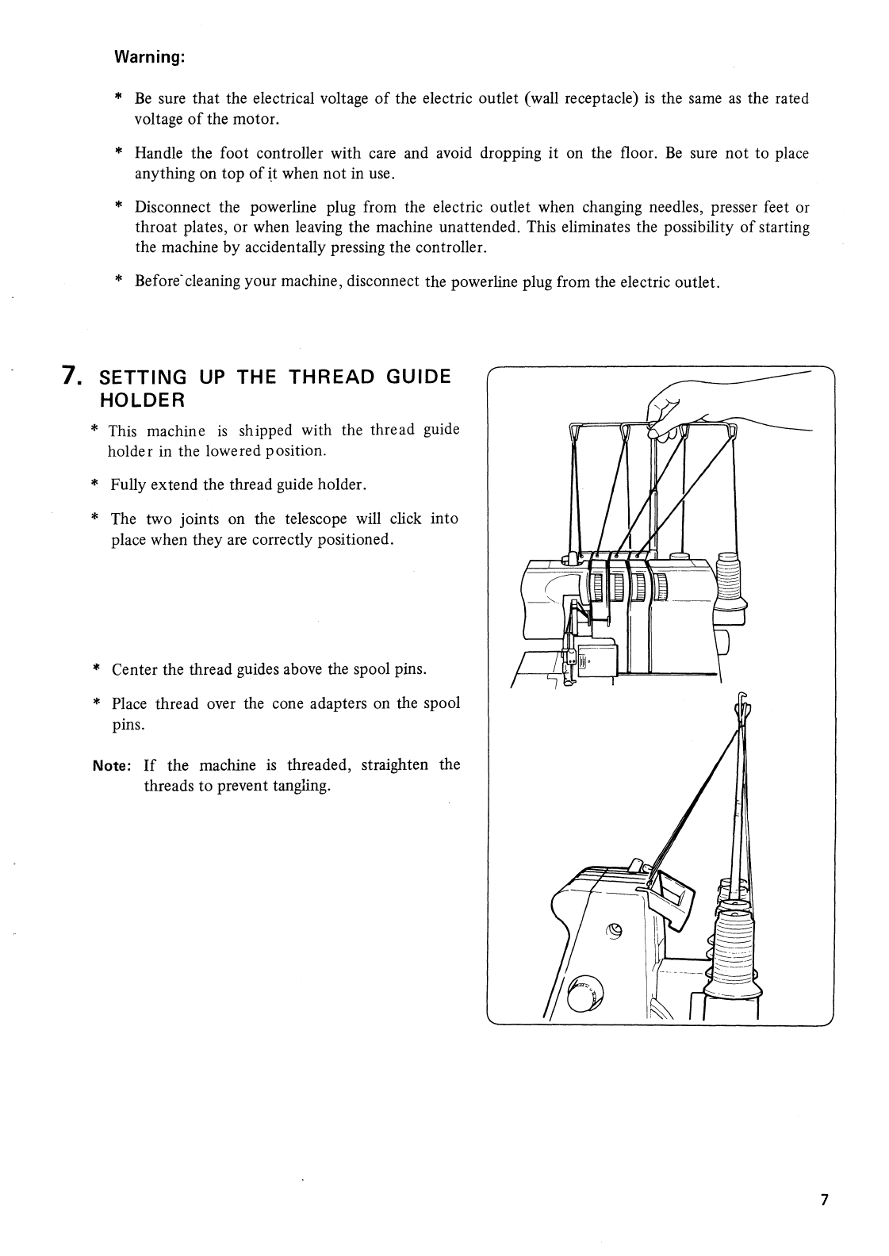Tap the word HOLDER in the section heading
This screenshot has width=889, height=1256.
pos(140,398)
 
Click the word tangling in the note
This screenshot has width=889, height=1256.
pos(302,787)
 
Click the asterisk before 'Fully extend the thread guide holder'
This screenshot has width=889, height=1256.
pos(94,484)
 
